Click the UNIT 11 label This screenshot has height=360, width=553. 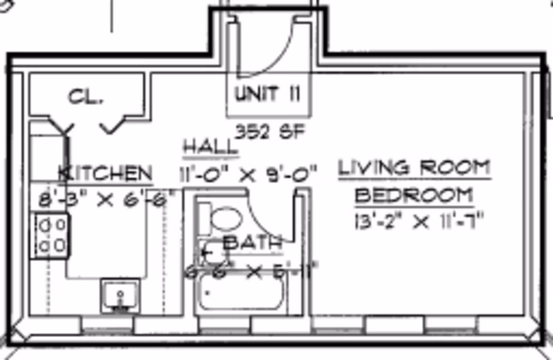click(267, 94)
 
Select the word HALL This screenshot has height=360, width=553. click(210, 147)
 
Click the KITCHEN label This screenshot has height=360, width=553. click(106, 173)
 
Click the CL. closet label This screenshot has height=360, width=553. click(85, 97)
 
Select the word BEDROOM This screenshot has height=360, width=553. click(414, 195)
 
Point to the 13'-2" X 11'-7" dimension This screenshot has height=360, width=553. click(418, 222)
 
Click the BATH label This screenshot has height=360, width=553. click(253, 243)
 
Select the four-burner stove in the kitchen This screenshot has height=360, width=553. click(50, 236)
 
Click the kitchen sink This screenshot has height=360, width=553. click(120, 295)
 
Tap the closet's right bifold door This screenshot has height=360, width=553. click(116, 126)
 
